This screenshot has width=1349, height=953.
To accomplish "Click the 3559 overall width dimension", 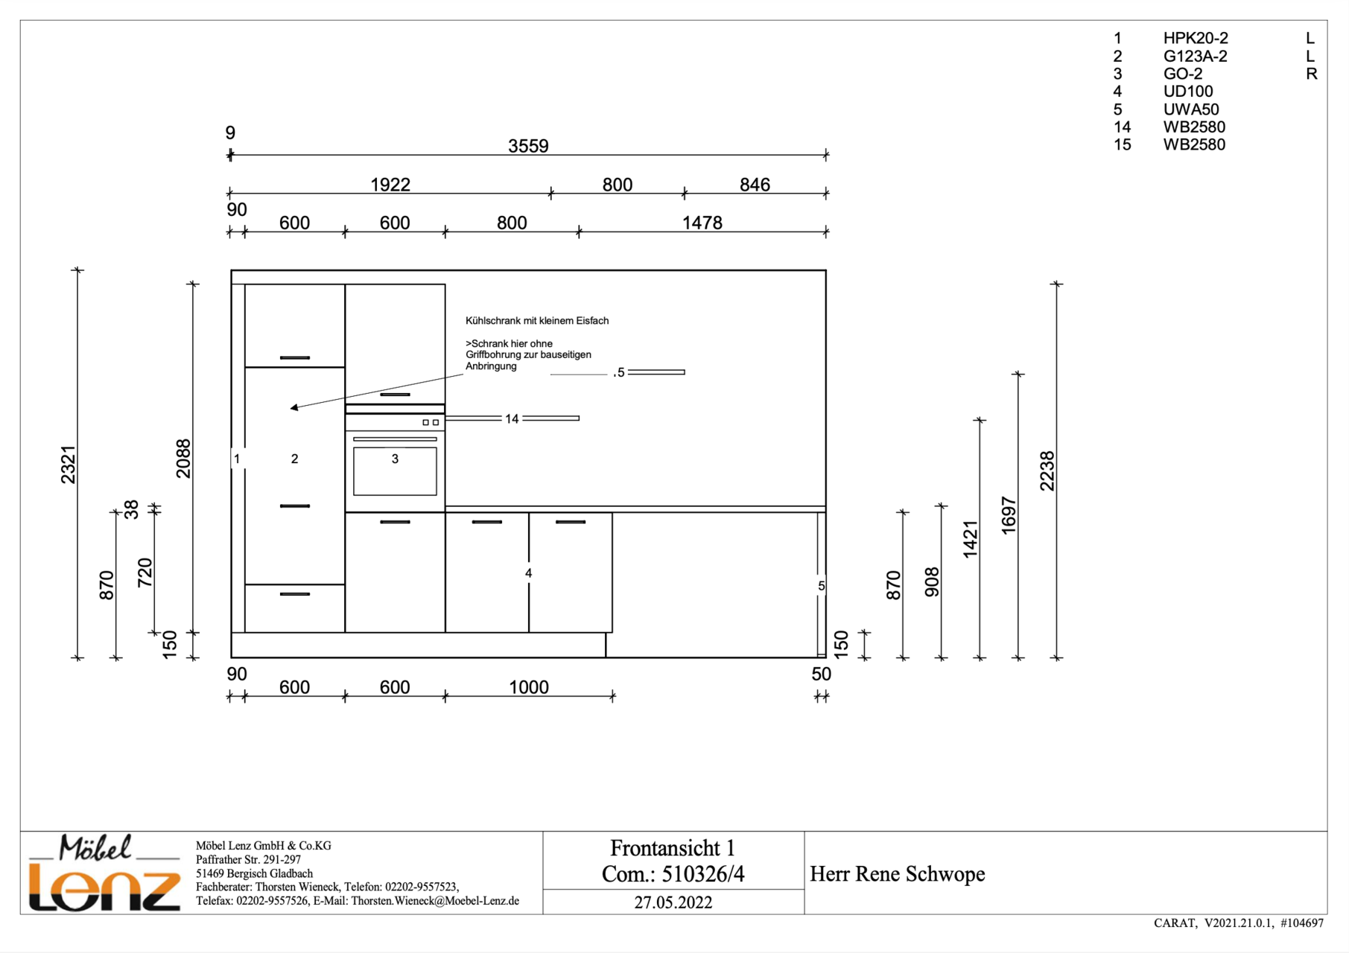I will [x=528, y=146].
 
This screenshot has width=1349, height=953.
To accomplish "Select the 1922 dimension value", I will [x=390, y=185].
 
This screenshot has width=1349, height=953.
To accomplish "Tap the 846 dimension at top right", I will [x=755, y=185].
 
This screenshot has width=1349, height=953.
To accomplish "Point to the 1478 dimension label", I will [x=702, y=223].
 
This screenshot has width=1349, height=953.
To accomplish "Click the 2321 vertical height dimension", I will [x=69, y=465].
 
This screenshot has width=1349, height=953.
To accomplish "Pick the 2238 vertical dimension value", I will [x=1047, y=471].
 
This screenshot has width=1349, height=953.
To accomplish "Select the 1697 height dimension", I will [x=1009, y=515].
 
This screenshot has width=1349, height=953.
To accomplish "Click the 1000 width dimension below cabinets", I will [x=528, y=687].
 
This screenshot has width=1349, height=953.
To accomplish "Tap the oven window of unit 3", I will [x=395, y=471].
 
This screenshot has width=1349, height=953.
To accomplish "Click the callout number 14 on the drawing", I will [x=512, y=419].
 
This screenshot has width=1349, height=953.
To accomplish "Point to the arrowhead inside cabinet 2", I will [x=295, y=407].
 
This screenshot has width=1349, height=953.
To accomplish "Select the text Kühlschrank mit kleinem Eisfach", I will [x=537, y=321].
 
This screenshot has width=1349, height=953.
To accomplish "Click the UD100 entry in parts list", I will [x=1188, y=92].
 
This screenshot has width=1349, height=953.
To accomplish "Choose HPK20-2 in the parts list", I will [x=1196, y=38].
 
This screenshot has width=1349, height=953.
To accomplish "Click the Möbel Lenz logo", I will [x=104, y=873].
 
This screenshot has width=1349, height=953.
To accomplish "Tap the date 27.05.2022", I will [x=673, y=902].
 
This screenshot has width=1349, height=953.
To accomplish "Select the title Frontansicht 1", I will [x=673, y=848].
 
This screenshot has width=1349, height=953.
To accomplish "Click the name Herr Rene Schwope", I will [x=897, y=874].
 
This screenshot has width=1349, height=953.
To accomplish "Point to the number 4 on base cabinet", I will [x=528, y=573].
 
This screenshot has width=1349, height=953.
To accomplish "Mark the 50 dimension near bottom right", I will [x=821, y=674].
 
